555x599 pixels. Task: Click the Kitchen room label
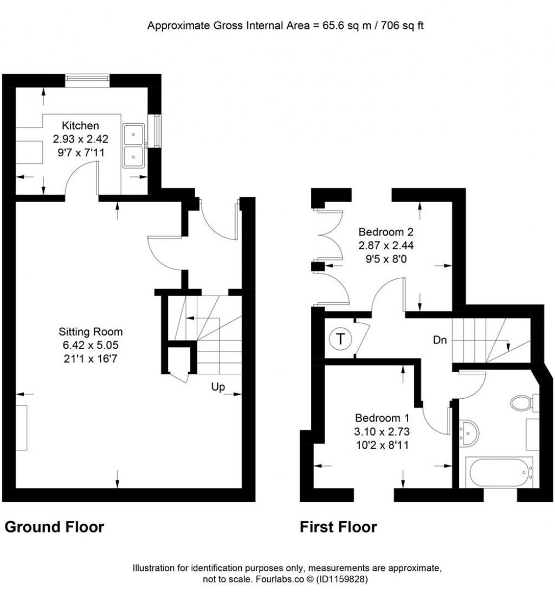coord(80,125)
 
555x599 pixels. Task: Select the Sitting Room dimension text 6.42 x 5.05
coord(91,345)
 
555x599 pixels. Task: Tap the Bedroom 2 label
coord(386,232)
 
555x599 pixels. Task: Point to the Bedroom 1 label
coord(382,418)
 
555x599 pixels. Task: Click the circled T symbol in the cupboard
coord(340,339)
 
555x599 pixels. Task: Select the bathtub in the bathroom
coord(499,473)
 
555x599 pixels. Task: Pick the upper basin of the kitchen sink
coord(133,134)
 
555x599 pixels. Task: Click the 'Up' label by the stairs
coord(218,387)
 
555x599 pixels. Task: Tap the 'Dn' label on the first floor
coord(440,340)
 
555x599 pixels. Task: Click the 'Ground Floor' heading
coord(54,527)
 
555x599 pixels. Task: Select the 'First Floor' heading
coord(338,527)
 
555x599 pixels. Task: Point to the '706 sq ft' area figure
coord(402,26)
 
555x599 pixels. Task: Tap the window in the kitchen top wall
coord(87,78)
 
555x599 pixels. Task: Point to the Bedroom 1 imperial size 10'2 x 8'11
coord(382,445)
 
